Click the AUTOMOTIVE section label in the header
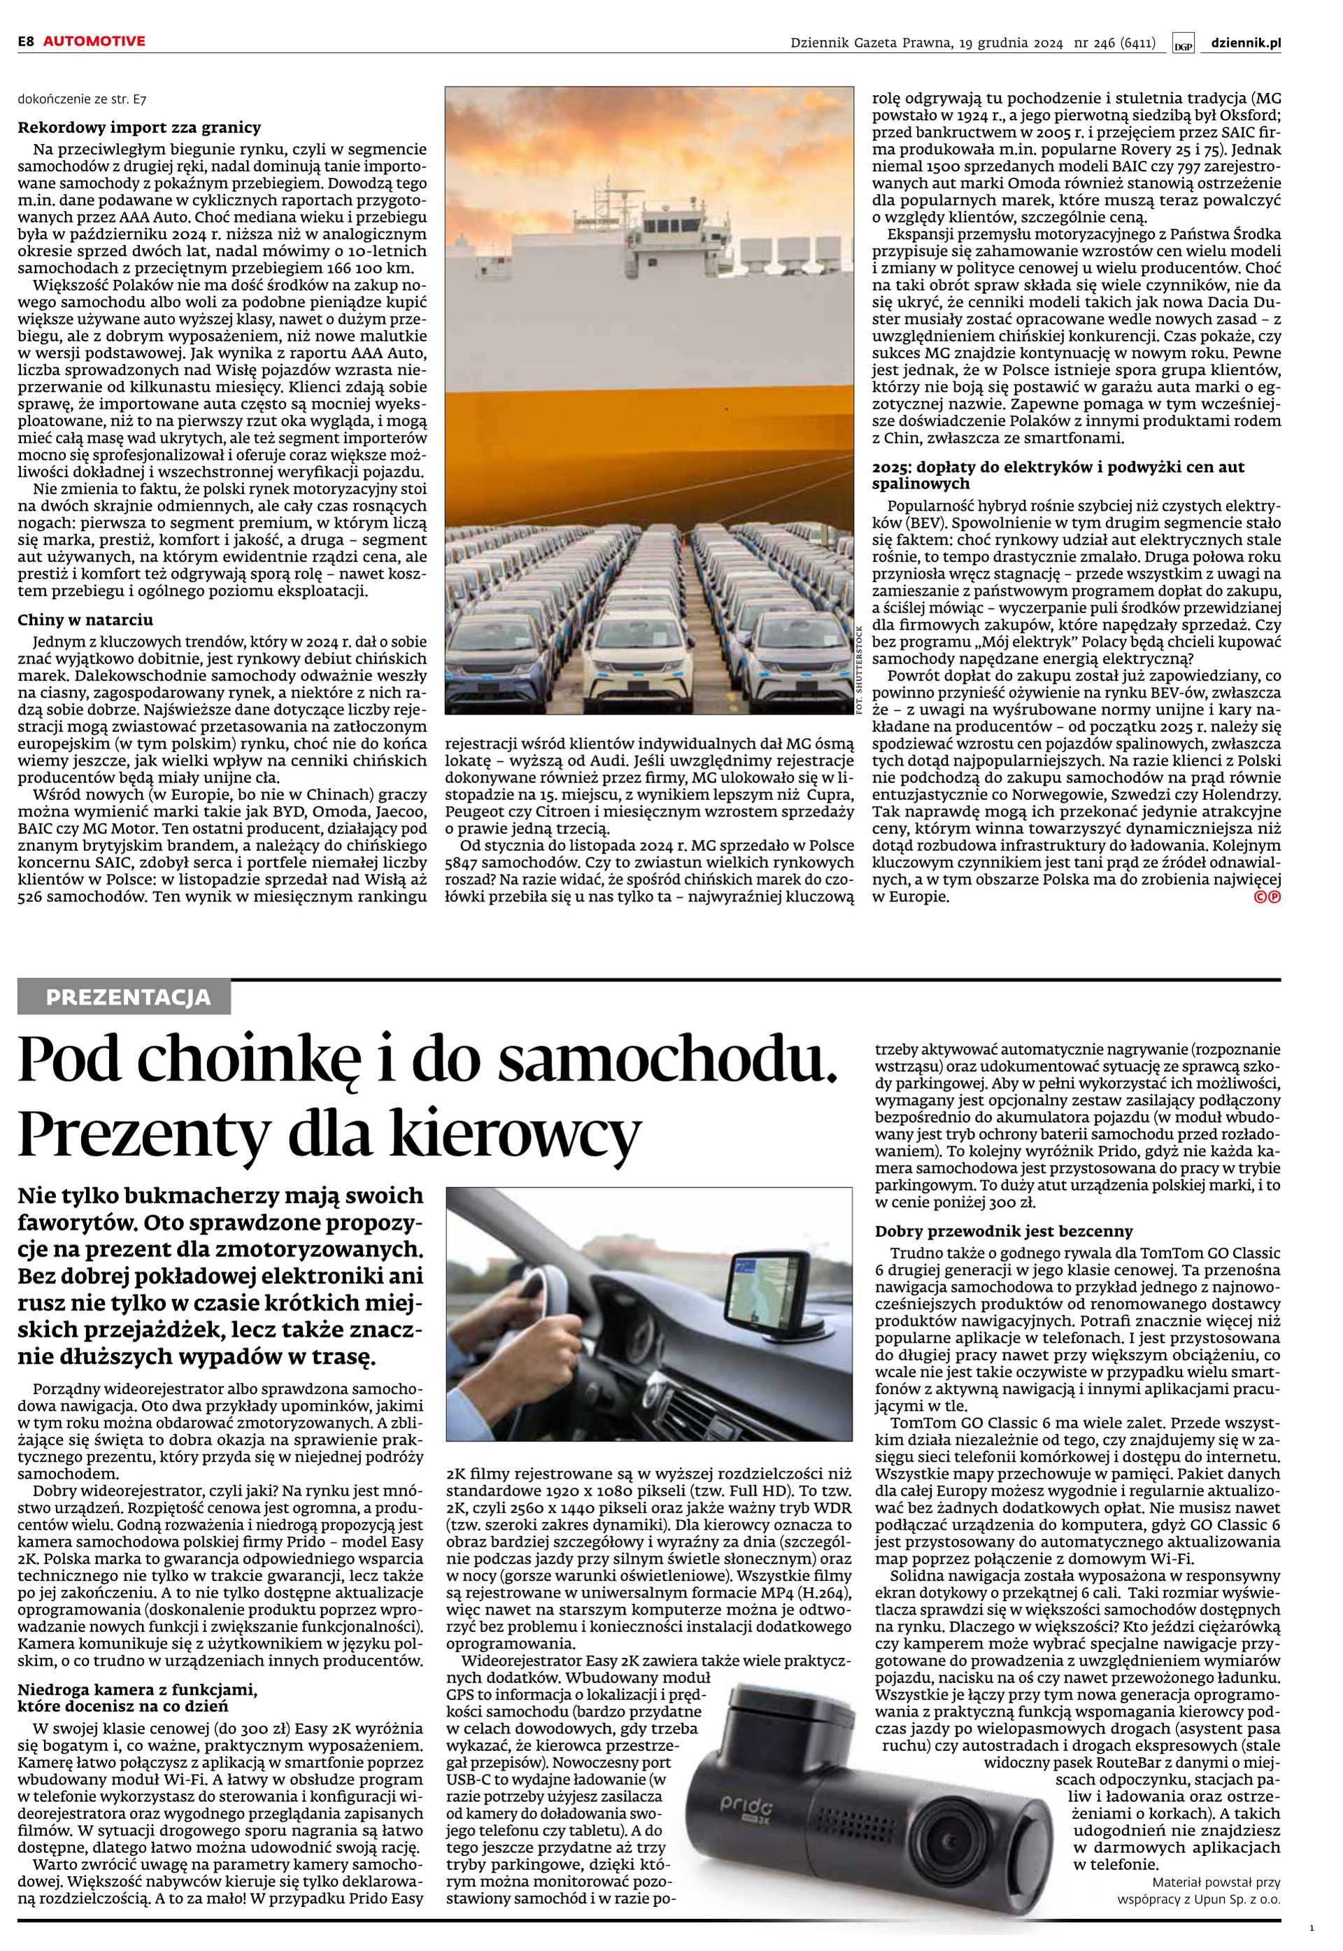94,41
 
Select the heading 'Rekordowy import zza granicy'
140,128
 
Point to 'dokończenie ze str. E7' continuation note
83,99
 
